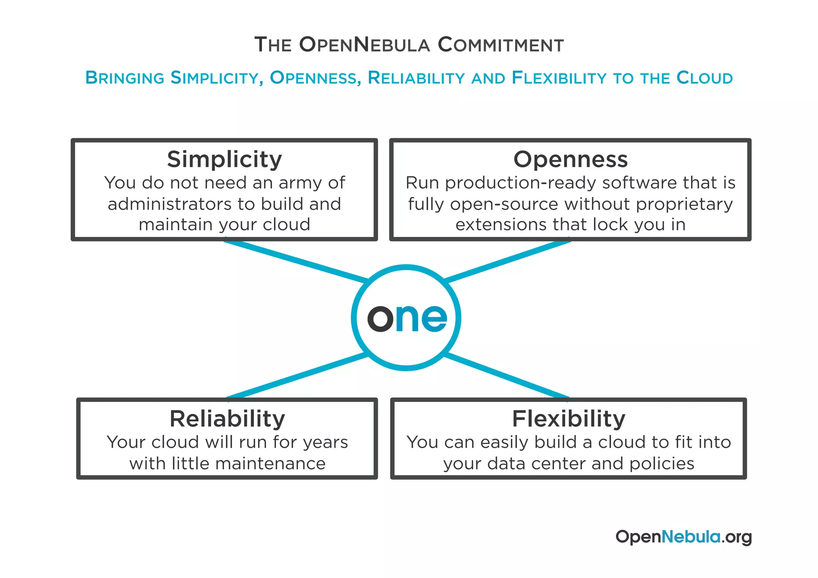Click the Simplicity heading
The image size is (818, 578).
(x=224, y=159)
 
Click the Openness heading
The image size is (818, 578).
(x=570, y=159)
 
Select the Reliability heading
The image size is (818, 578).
(x=227, y=419)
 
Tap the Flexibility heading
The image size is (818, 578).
(x=569, y=419)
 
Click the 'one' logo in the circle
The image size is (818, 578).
(x=407, y=318)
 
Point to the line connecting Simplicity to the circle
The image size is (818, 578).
(x=296, y=260)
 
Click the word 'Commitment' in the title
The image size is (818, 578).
(x=501, y=45)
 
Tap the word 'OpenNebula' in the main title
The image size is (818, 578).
(x=364, y=45)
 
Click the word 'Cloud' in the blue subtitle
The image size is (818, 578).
(x=705, y=78)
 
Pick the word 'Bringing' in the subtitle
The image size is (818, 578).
(x=125, y=78)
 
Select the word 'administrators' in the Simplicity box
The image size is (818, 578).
(x=171, y=204)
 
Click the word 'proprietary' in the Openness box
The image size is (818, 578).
(x=684, y=205)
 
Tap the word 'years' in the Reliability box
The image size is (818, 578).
(x=325, y=443)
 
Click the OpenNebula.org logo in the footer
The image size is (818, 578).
(x=683, y=537)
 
